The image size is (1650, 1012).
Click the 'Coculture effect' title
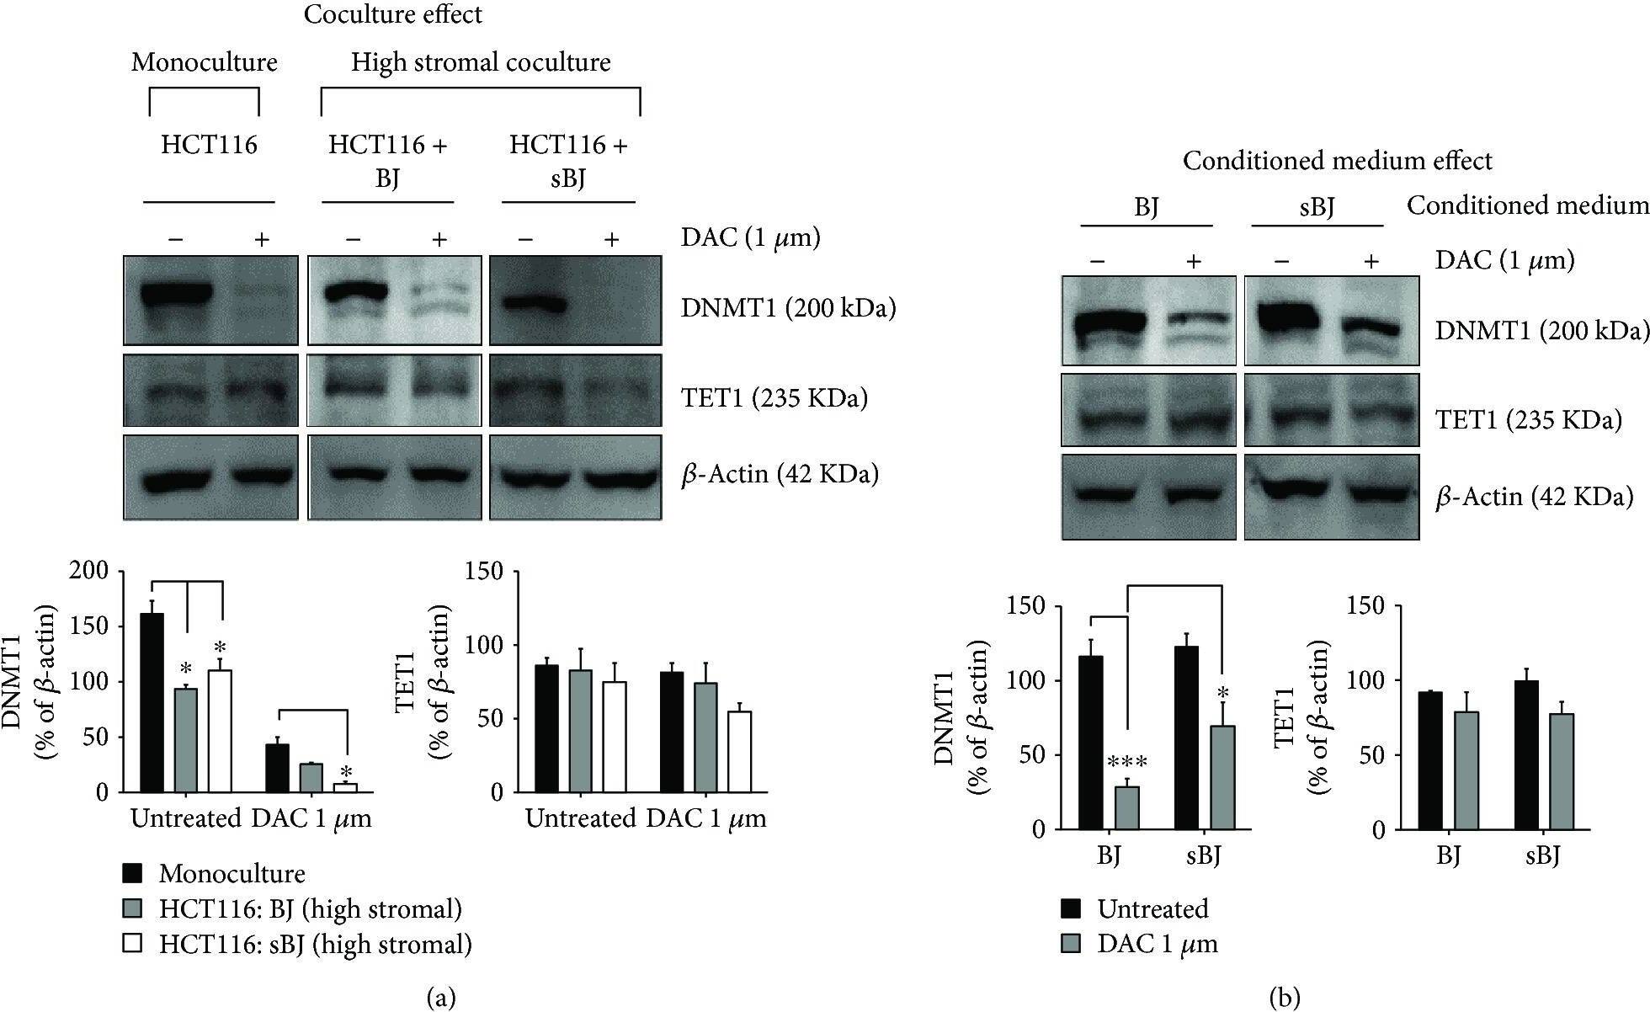click(393, 15)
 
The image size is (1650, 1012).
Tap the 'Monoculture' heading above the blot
click(204, 62)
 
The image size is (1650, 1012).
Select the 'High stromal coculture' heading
click(481, 62)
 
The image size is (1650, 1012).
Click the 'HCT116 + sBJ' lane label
click(568, 162)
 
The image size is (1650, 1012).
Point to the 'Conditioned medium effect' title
click(1337, 160)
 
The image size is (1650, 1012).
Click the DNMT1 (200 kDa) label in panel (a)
click(788, 308)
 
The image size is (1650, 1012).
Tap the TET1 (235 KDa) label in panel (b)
click(1527, 418)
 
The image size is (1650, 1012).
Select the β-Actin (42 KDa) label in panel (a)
click(780, 474)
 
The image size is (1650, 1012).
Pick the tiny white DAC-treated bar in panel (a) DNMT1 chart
click(345, 787)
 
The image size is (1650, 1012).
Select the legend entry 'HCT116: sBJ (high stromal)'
click(314, 944)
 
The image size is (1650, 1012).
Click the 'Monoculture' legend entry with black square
click(231, 873)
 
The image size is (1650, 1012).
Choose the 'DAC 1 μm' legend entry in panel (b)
click(1156, 944)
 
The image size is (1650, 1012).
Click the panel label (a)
click(442, 998)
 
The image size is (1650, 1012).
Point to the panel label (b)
click(1284, 998)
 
